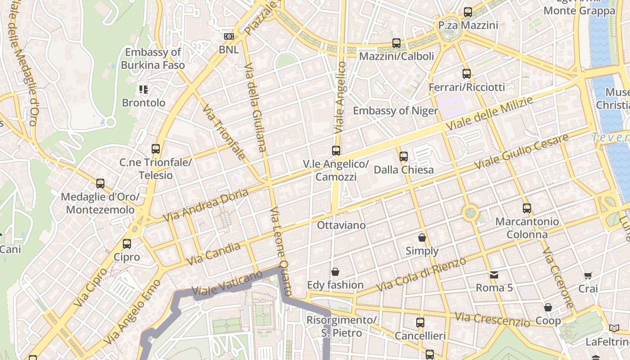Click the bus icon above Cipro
[x=127, y=244]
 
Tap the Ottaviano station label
[x=341, y=225]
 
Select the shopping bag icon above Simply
[x=422, y=238]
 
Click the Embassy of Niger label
[x=395, y=111]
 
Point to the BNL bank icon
[x=229, y=36]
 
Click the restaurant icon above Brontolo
[x=144, y=90]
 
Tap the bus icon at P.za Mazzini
[x=468, y=12]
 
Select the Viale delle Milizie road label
[x=489, y=113]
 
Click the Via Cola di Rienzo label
[x=421, y=274]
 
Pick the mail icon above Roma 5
[x=494, y=274]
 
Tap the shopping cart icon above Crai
[x=588, y=275]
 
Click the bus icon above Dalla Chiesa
[x=404, y=157]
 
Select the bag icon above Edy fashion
[x=335, y=272]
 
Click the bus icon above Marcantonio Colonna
[x=527, y=208]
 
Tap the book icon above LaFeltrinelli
[x=614, y=328]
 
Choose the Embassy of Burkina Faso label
[x=153, y=58]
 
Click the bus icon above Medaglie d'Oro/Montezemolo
[x=100, y=184]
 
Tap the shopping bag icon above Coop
[x=548, y=308]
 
